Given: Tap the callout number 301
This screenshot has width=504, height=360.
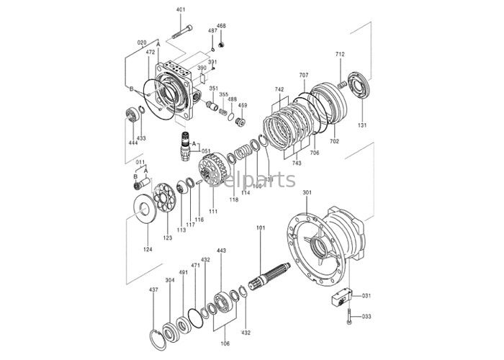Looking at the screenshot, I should (307, 193).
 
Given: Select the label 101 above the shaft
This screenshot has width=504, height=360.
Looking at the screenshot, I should (261, 228).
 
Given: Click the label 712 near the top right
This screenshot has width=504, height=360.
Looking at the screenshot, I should (340, 55).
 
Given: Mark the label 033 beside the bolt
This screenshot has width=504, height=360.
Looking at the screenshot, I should (366, 316).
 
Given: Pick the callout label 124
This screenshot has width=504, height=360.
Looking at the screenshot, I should (147, 250).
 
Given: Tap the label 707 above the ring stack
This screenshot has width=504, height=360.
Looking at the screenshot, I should (304, 76).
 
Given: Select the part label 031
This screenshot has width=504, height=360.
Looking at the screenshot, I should (366, 296).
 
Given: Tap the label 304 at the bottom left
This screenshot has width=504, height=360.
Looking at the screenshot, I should (169, 280).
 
